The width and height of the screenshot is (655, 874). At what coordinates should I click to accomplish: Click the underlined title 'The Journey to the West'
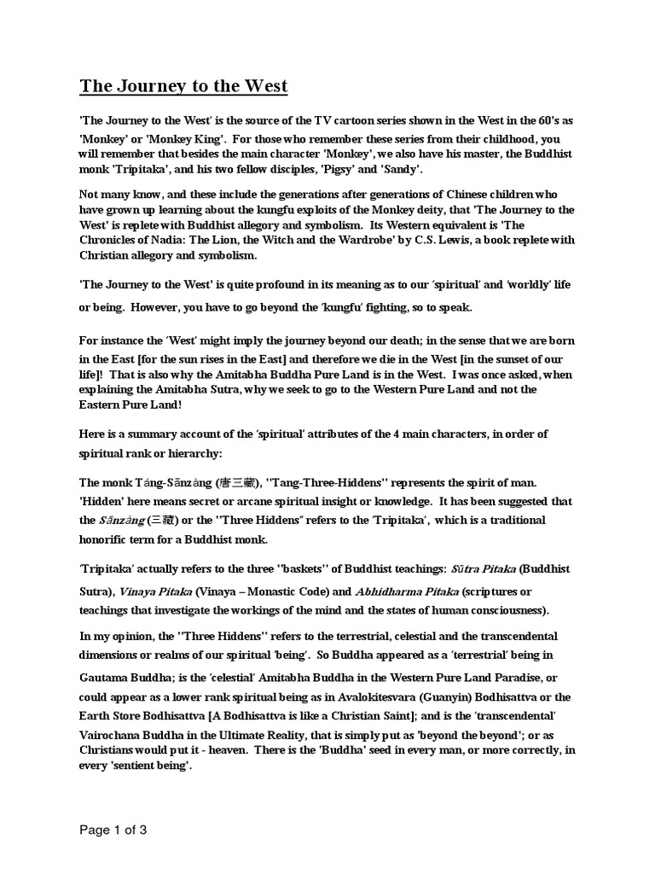click(x=183, y=86)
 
